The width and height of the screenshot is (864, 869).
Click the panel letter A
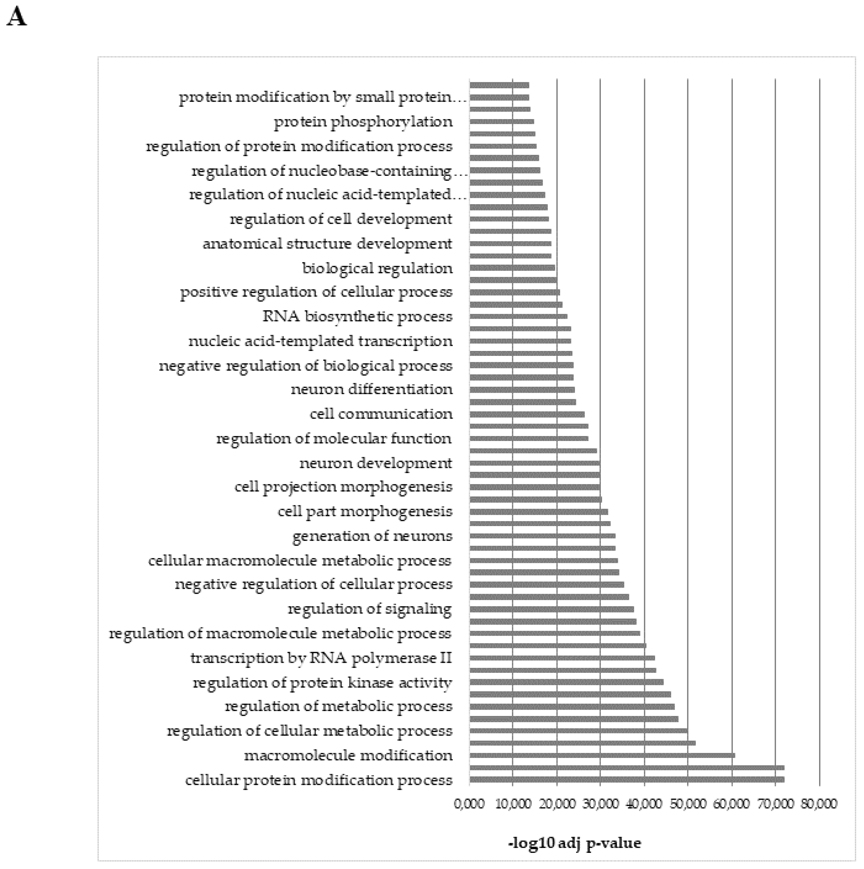coord(17,18)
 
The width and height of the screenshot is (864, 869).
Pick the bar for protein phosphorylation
coord(501,122)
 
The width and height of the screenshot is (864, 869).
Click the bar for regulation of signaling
coord(551,609)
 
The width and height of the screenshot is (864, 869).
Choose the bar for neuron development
coord(534,463)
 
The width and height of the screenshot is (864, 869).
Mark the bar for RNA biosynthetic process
coord(518,316)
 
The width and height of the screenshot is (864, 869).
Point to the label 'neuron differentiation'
coord(371,389)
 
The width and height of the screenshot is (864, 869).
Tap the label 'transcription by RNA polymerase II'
coord(321,658)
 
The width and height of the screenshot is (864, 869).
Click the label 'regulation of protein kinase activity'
coord(322,683)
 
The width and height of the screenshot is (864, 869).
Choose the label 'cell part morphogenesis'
coord(365,512)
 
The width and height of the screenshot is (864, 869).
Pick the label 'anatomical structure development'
coord(327,244)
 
